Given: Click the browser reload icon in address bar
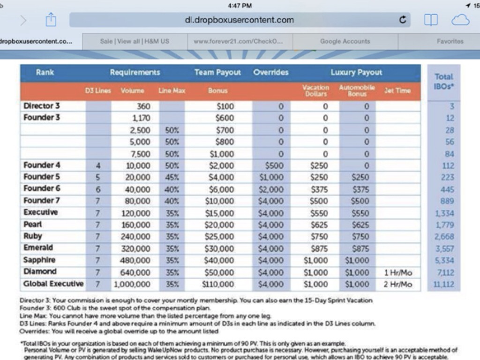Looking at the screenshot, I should coord(402,20).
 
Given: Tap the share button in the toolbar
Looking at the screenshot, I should coord(51,20).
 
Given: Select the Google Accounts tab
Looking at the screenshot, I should coord(345,41).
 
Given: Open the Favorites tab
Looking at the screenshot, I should coord(450,41).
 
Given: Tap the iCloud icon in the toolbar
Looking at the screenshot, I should coord(460,20).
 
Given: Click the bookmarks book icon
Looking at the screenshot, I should coord(431,20).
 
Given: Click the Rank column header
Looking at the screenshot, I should coord(45,73).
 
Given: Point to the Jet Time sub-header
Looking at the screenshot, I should coord(397,91).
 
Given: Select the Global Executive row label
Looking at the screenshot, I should coord(53,284).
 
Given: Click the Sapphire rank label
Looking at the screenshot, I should coord(39,260).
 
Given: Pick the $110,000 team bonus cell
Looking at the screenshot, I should coord(218,284).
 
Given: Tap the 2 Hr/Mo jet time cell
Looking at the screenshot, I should coord(397,284).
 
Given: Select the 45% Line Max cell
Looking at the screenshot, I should coord(172,177).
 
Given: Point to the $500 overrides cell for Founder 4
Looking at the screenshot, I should coord(274,165).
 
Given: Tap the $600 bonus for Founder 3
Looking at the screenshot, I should coord(225,118).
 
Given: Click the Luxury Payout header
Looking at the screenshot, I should coord(356,73).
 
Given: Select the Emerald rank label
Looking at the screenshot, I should coord(38,247).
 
